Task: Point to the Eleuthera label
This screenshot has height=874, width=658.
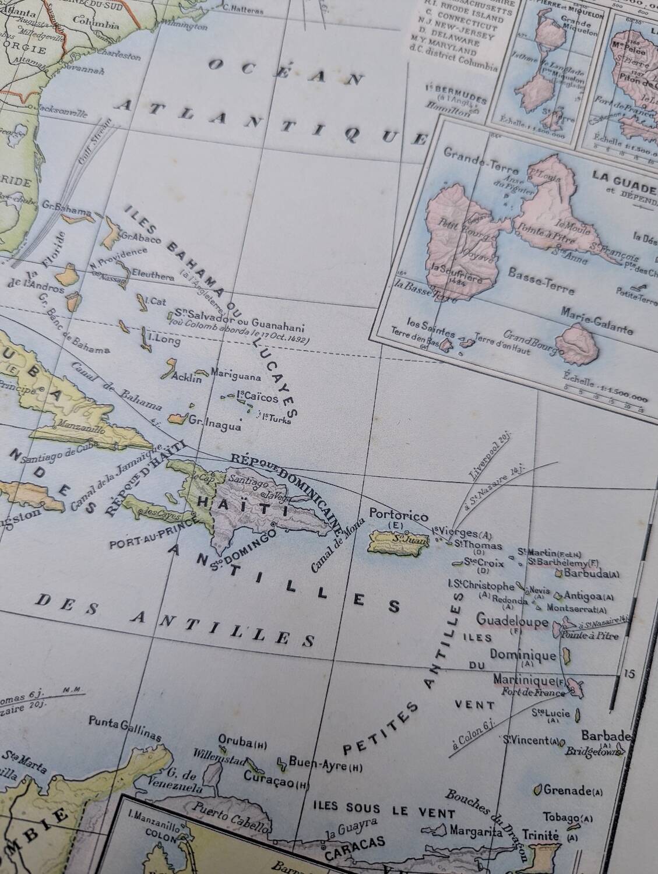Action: point(153,278)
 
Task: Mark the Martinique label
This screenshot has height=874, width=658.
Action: point(530,680)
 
